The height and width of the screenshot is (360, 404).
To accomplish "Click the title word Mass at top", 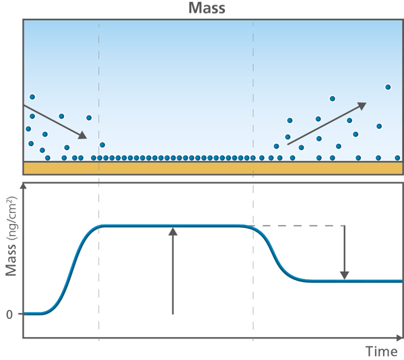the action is coord(207,7).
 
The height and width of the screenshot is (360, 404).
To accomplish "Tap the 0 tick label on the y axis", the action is coord(9,315).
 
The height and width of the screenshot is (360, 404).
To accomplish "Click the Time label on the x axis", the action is coord(382,351).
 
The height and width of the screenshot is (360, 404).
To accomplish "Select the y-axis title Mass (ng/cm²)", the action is coord(11,236).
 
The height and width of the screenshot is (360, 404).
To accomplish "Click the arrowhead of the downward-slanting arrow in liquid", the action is coord(83,135).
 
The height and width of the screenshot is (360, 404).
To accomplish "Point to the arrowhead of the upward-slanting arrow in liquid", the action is coord(362,106).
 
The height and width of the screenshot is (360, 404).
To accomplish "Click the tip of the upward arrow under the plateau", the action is coord(173,227).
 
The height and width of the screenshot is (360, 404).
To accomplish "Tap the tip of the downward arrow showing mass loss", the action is coord(345,279).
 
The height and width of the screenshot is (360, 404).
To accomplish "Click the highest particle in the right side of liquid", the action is coord(388,87).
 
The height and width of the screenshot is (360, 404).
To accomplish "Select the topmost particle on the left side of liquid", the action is coord(32,97).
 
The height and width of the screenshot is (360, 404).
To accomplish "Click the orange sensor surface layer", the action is coord(213,168).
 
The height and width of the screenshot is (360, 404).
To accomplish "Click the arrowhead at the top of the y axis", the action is coord(24,186).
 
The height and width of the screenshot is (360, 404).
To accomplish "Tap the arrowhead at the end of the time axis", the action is coord(400,338).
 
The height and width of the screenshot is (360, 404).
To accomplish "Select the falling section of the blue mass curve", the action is coord(275,255).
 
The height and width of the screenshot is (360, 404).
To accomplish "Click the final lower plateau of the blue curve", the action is coord(356,281).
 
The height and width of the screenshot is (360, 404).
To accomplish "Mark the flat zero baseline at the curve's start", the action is coord(33,314).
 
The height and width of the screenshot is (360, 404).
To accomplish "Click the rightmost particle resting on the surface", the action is coord(397,158).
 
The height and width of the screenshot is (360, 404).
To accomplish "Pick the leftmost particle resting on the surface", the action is coord(48,158).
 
